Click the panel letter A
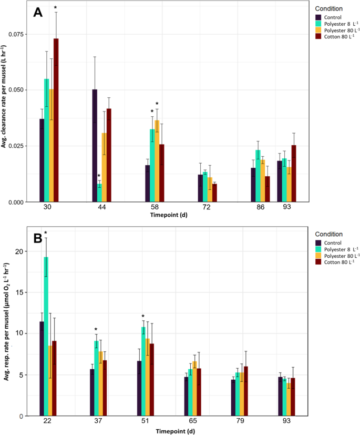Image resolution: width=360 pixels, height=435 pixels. [x=38, y=13]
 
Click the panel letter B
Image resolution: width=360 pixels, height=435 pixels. [x=38, y=238]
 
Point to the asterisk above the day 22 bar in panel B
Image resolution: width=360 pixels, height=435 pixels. [x=46, y=234]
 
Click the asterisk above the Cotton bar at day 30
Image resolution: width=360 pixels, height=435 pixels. [x=56, y=8]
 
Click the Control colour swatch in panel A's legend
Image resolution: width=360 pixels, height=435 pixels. [x=317, y=16]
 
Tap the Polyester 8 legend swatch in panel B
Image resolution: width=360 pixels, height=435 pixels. [x=317, y=248]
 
